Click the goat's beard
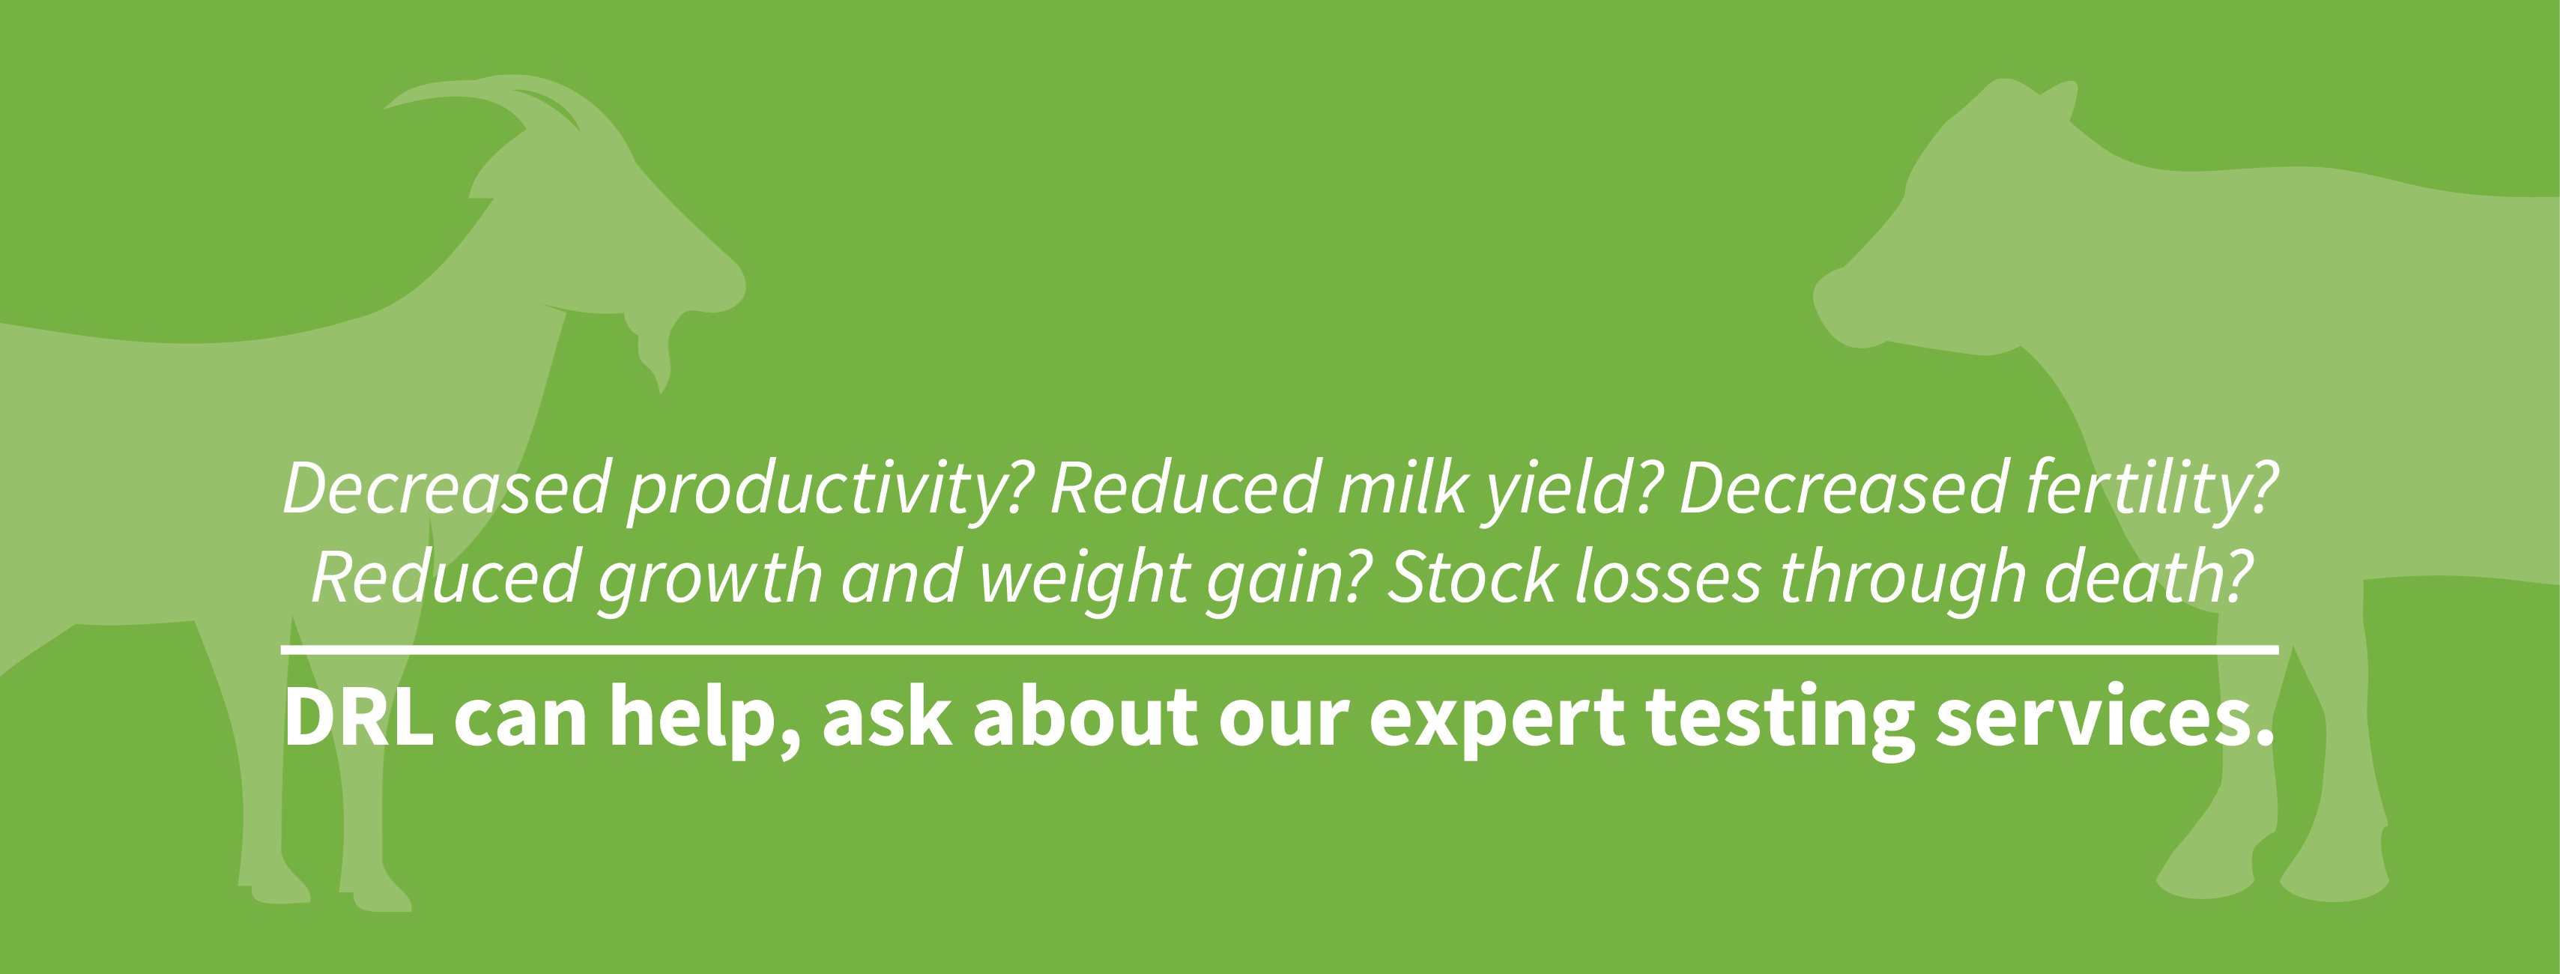click(x=650, y=354)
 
